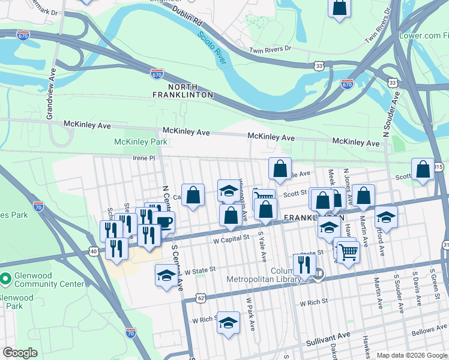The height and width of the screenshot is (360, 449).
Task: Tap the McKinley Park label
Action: [141, 142]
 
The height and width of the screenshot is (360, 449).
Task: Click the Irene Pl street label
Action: [143, 158]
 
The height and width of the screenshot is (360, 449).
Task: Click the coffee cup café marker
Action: [163, 221]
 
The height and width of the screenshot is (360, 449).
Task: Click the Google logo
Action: [20, 353]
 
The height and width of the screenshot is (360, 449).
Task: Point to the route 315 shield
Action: [439, 166]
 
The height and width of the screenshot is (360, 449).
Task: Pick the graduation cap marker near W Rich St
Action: [228, 323]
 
